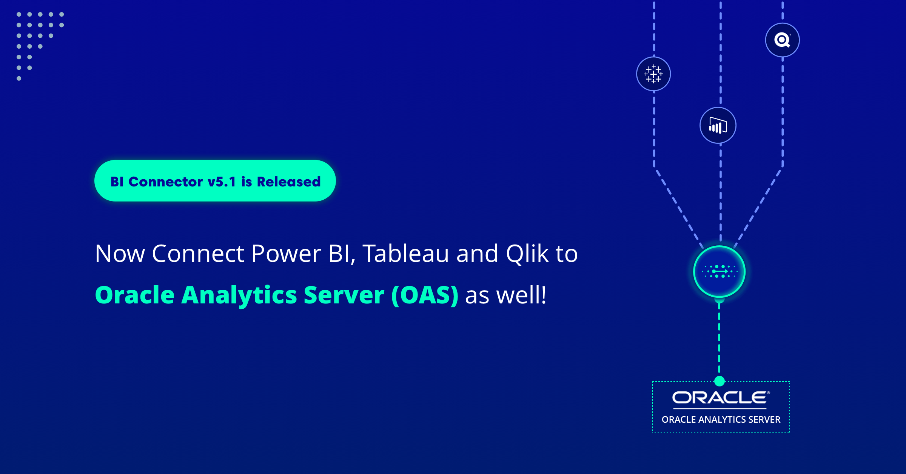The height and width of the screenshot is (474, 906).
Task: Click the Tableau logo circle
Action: point(653,74)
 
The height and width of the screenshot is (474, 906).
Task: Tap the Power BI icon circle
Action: point(718,125)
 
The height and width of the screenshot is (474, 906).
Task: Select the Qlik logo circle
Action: point(782,40)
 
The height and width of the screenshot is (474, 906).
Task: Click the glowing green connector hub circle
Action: point(719,272)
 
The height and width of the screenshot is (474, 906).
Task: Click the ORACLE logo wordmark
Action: point(720,398)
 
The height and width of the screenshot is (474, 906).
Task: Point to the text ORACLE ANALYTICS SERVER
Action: point(721,420)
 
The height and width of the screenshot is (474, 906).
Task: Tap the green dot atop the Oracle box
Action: point(720,381)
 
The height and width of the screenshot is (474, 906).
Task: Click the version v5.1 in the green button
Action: point(222,182)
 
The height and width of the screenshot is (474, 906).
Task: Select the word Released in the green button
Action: point(289,182)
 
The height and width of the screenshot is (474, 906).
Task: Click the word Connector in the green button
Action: point(165,182)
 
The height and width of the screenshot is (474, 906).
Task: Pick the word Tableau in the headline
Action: point(405,254)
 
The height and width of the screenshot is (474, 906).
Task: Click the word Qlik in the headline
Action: point(527,254)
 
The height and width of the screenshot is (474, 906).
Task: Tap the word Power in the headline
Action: point(286,254)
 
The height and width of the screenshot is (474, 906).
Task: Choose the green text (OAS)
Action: point(425,295)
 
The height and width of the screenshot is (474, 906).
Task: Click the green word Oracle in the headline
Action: point(134,295)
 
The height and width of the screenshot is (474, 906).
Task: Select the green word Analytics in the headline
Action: point(239,295)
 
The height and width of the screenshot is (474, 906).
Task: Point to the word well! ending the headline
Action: point(521,295)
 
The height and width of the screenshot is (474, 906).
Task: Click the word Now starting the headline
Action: point(120,254)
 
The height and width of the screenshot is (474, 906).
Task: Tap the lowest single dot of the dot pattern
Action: point(19,78)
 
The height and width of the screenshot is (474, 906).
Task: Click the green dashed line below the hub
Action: point(719,340)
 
